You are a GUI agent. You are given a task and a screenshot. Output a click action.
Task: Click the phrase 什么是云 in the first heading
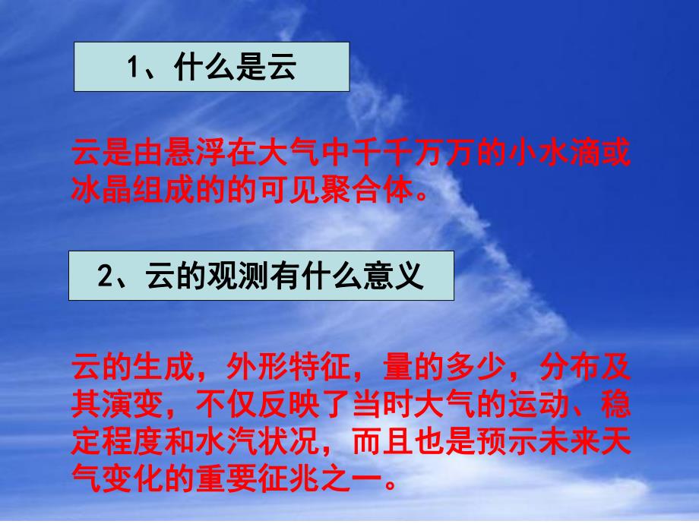233,68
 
